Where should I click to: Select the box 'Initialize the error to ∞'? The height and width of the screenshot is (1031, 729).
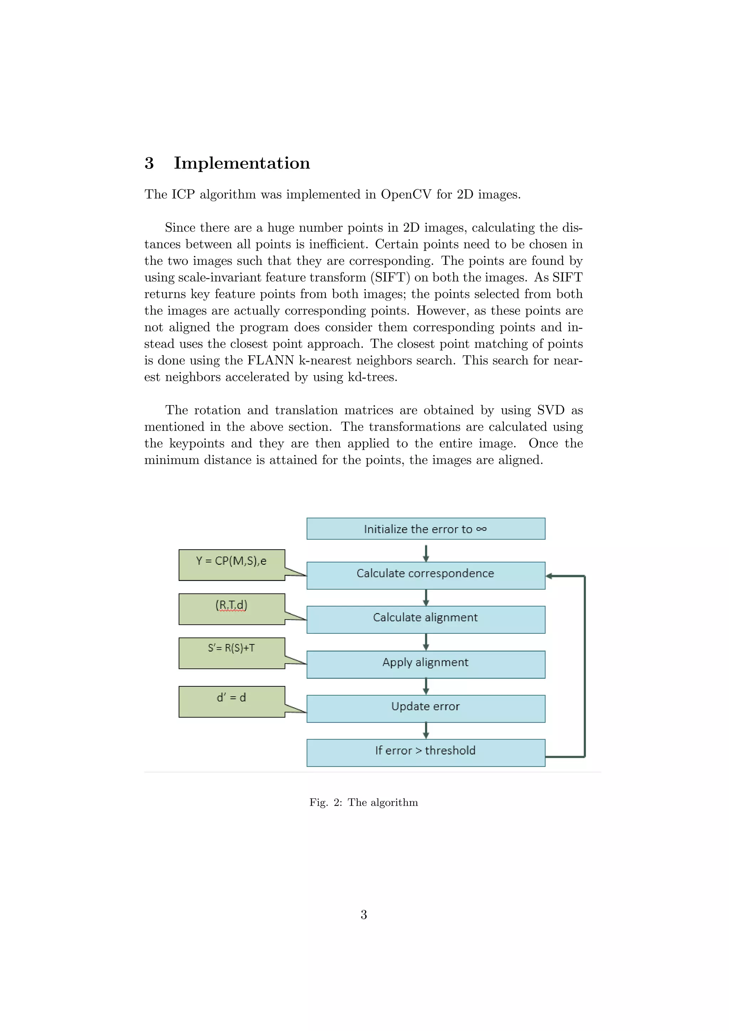426,529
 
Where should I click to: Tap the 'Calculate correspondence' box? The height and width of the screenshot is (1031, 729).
426,575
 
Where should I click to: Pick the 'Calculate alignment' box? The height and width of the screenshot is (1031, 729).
426,619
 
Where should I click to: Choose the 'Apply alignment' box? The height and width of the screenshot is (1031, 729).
426,664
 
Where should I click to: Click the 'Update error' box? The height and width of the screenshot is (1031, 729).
426,708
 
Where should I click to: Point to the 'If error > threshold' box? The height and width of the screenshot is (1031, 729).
426,752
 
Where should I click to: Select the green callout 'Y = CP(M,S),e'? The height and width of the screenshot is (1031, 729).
232,564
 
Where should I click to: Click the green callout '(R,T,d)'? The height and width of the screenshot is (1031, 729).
232,608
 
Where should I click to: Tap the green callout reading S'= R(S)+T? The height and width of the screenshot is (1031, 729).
232,653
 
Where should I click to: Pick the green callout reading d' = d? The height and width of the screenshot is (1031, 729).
232,701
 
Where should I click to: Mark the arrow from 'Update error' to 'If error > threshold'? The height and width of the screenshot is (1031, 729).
426,731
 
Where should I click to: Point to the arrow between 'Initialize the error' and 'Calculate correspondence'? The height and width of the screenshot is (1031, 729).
426,553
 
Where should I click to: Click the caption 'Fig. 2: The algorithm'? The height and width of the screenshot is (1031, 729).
363,802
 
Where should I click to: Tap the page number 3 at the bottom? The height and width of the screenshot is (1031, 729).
363,914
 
